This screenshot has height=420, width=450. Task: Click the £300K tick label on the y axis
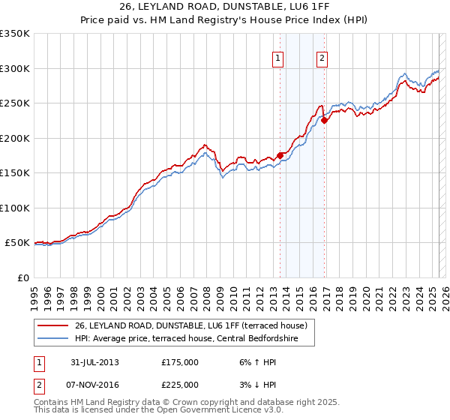(15, 68)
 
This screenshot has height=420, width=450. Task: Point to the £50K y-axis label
(17, 243)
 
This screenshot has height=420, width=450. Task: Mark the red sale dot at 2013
(280, 155)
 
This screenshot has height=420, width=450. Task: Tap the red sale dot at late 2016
(324, 120)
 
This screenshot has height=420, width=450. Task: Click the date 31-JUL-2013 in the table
(95, 362)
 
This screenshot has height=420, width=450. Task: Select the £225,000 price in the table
(180, 385)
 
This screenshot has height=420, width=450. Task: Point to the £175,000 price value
(180, 362)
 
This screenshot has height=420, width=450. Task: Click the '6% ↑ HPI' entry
(257, 362)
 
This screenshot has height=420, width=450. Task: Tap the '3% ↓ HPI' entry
(257, 385)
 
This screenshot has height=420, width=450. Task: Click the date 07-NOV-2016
(95, 385)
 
